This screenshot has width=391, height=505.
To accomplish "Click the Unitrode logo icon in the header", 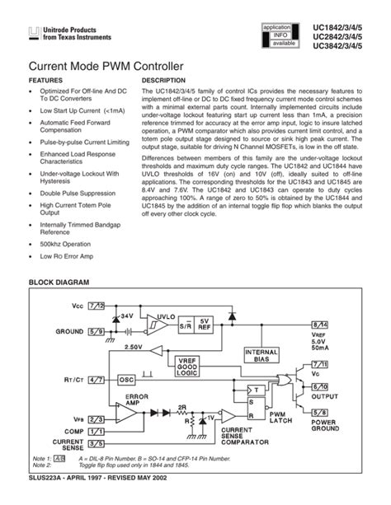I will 34,34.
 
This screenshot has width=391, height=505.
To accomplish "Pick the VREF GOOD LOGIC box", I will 192,366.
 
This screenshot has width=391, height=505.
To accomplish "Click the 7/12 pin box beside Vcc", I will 97,306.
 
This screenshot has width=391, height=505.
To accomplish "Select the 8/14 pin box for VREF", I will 319,326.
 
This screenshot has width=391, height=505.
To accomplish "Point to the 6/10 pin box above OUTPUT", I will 319,386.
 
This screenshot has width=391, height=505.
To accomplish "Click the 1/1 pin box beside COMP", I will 97,431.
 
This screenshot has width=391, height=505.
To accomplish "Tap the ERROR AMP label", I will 137,400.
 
